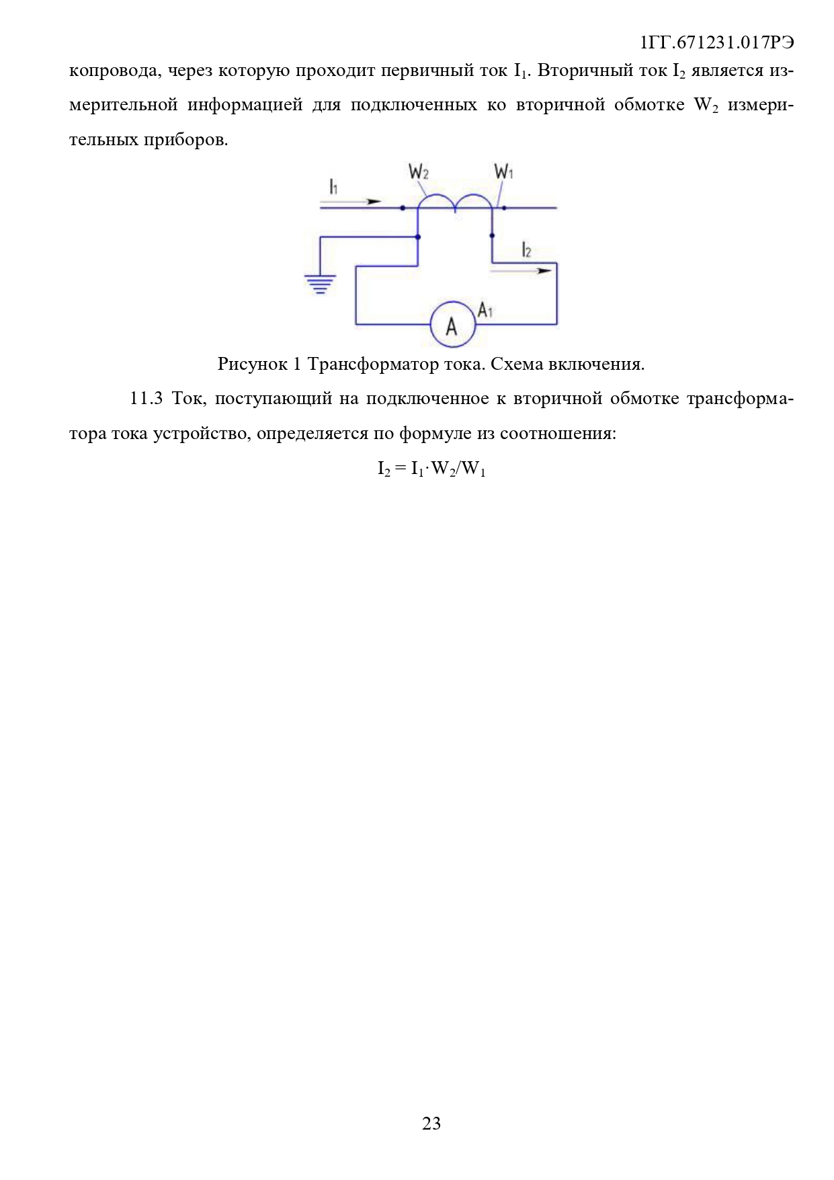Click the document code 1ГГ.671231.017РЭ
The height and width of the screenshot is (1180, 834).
[x=717, y=42]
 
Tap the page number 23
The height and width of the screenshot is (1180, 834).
[x=431, y=1123]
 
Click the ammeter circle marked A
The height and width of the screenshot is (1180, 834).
[x=453, y=325]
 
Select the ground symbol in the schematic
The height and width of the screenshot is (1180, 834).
[x=320, y=284]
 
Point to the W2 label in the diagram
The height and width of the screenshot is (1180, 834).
[x=418, y=173]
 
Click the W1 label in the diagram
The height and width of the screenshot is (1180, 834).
[x=503, y=172]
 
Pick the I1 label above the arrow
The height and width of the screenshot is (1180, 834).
[x=333, y=186]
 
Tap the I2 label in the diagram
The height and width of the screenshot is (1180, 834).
[x=526, y=251]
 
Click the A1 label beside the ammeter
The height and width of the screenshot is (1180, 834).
[x=485, y=310]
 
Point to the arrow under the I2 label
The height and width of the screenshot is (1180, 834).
[x=521, y=271]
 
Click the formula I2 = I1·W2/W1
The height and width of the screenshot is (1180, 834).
[x=431, y=469]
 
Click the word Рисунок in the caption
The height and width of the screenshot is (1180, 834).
[x=253, y=364]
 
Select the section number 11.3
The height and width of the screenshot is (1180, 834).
[x=146, y=399]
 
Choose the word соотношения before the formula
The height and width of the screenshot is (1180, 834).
[x=558, y=434]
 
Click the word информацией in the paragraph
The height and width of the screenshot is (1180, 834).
[x=245, y=106]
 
